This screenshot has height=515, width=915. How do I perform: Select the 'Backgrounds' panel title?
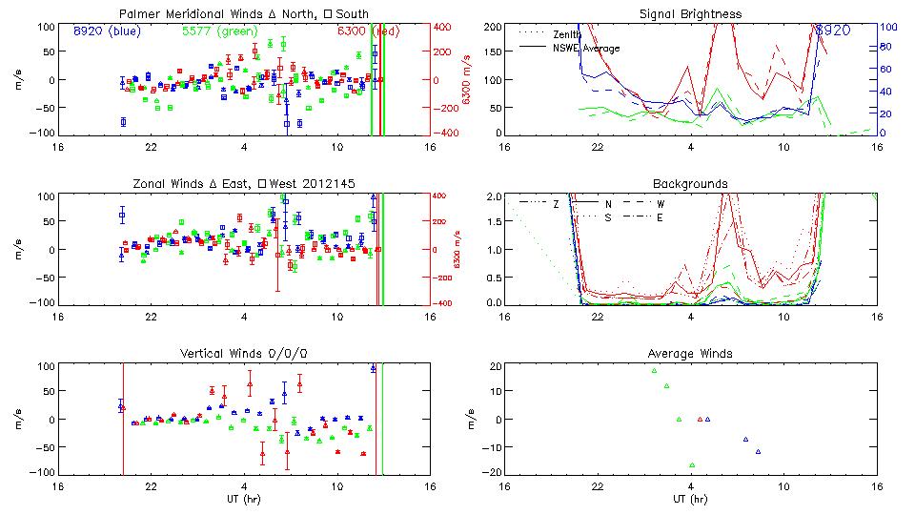click(691, 183)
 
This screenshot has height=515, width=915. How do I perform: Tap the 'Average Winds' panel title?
click(691, 353)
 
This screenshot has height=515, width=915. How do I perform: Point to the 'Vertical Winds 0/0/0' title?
click(244, 353)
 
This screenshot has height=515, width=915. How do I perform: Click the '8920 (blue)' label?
click(105, 31)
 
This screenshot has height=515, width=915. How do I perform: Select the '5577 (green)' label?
click(217, 31)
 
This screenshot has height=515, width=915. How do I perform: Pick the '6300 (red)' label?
click(365, 31)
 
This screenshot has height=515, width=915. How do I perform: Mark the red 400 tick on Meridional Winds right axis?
click(443, 26)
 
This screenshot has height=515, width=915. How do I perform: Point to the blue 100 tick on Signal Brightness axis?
click(885, 28)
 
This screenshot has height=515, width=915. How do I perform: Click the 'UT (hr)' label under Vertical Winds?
click(244, 498)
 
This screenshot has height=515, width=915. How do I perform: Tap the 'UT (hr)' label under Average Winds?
click(691, 498)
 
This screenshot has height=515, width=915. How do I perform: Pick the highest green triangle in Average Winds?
click(654, 371)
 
